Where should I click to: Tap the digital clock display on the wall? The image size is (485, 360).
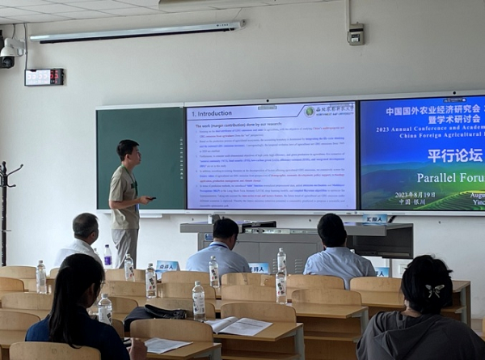(x=44, y=77)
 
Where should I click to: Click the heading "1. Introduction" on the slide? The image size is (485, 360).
(x=211, y=114)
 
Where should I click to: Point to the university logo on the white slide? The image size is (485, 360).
(x=310, y=111)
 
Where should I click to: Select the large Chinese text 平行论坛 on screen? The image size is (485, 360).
(x=453, y=155)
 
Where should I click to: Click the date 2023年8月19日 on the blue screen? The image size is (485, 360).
(x=415, y=195)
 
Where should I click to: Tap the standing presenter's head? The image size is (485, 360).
(x=127, y=150)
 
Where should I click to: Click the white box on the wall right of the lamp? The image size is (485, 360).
(x=356, y=35)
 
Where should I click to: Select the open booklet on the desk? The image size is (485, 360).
(x=238, y=325)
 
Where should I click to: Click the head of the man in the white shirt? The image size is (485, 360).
(x=85, y=227)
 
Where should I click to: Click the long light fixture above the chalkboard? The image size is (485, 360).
(x=137, y=32)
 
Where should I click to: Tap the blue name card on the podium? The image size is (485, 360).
(x=375, y=219)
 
